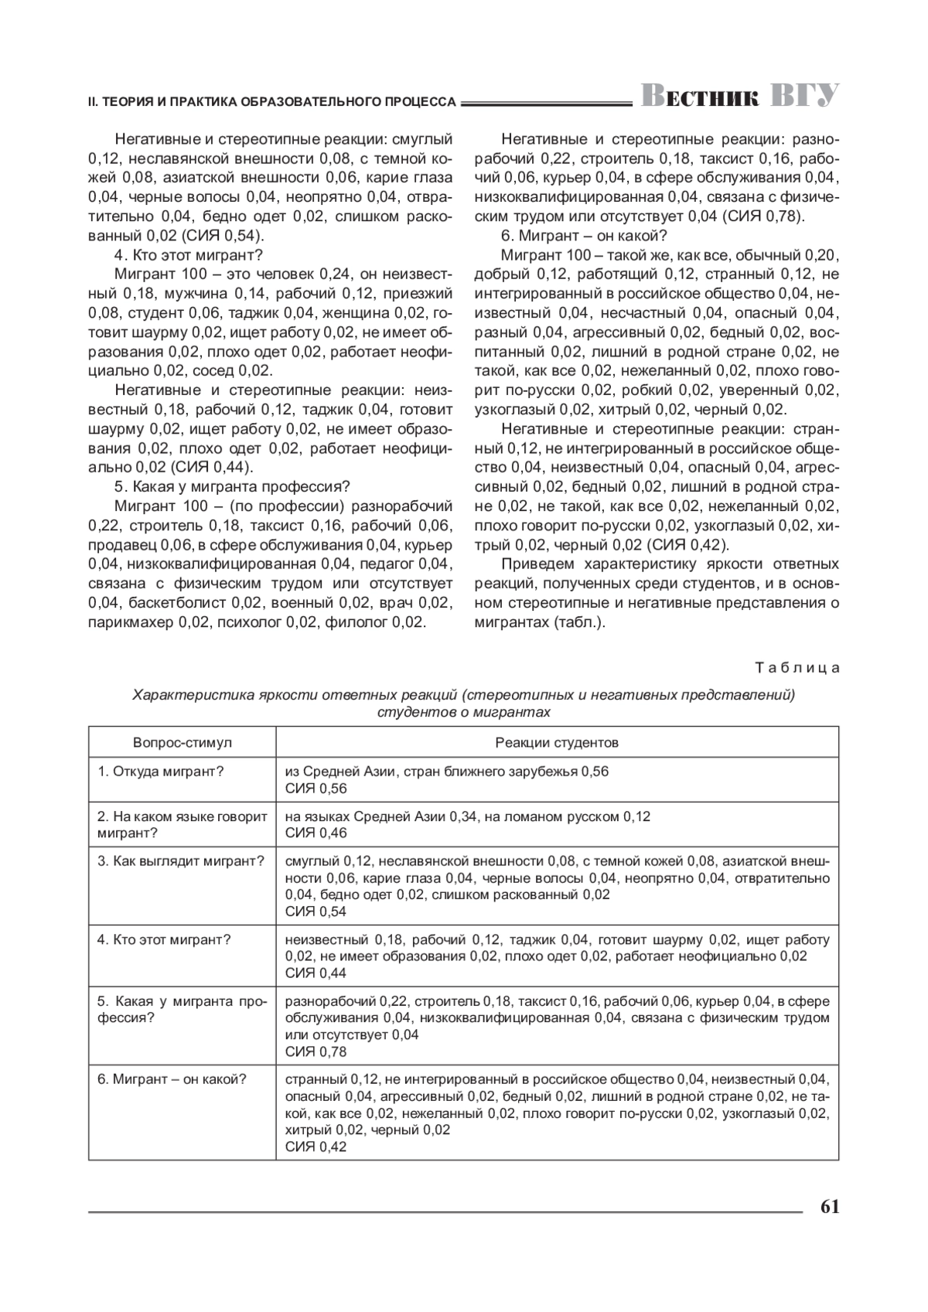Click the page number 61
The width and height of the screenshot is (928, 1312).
click(x=829, y=1207)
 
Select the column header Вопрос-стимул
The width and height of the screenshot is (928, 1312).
click(x=182, y=743)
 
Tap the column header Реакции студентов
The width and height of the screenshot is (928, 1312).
click(x=557, y=743)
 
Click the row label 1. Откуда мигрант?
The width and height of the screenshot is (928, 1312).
click(x=161, y=772)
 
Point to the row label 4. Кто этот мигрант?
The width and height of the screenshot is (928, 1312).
click(x=164, y=940)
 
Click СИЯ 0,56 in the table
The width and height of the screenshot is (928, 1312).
click(x=316, y=789)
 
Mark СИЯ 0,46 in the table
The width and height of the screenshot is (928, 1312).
click(x=316, y=833)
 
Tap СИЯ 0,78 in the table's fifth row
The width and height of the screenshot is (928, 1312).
click(x=316, y=1051)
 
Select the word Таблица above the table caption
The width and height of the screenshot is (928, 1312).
click(x=797, y=668)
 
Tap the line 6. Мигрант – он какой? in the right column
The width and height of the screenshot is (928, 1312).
click(x=584, y=236)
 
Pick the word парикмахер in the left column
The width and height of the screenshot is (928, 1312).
click(x=131, y=622)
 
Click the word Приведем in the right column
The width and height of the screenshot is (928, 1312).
click(x=538, y=564)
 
